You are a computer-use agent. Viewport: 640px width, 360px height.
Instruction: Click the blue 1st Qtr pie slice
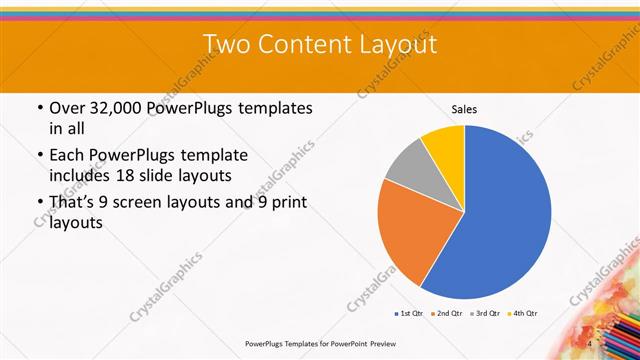[500, 215]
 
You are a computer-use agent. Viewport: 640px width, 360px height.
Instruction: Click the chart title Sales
[464, 108]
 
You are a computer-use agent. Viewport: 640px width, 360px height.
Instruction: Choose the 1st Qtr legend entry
[410, 314]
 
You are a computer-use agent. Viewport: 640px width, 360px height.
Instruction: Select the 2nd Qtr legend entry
[446, 314]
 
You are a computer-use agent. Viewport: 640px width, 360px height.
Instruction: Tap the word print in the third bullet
[287, 203]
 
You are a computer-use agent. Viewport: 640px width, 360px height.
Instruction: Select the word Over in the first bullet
[69, 107]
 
